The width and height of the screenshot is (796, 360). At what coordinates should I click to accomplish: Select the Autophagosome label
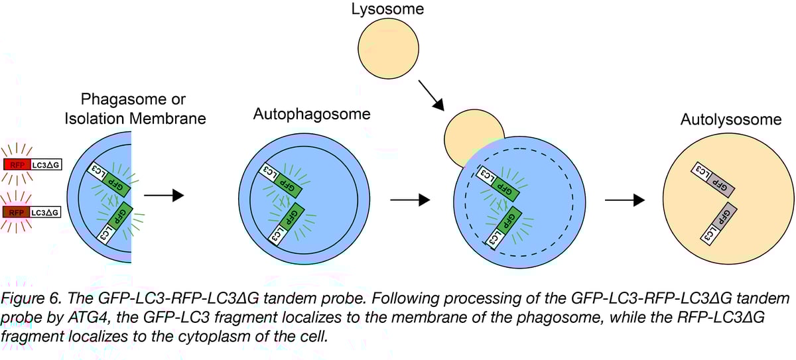coord(311,114)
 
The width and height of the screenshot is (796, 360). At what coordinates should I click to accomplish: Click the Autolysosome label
coord(721,120)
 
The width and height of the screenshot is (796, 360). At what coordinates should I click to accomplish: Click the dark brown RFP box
coord(17,212)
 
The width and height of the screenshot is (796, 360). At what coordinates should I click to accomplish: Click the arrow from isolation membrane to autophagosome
coord(163,195)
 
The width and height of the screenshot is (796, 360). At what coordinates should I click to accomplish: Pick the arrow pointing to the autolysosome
coord(626,200)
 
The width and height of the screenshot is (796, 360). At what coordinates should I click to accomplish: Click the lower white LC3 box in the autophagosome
coord(277,235)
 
